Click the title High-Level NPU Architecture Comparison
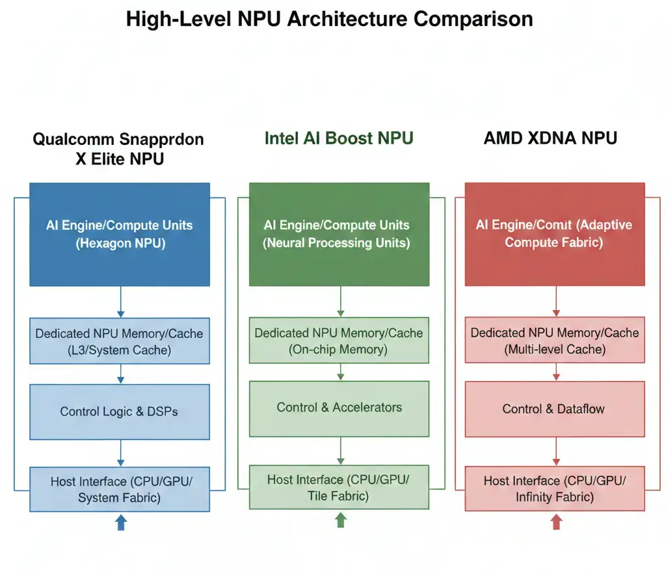(329, 19)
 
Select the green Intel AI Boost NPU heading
(339, 138)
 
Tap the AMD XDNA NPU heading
(550, 138)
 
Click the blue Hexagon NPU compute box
(120, 234)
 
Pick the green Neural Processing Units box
(339, 234)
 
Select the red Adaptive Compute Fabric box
(555, 234)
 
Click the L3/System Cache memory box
(120, 341)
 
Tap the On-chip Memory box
(339, 341)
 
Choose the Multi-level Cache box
(555, 341)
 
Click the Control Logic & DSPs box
(120, 411)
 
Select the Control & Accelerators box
(339, 408)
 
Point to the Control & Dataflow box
(555, 409)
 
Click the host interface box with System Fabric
(120, 489)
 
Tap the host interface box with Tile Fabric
(339, 487)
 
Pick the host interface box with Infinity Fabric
(555, 489)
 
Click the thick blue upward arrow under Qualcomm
(120, 523)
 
